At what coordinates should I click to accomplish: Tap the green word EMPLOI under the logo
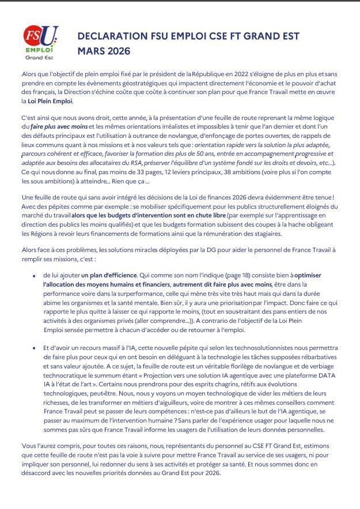(39, 50)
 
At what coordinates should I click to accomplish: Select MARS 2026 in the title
(104, 51)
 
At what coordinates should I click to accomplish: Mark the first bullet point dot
(35, 277)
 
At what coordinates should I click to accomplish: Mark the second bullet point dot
(35, 349)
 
